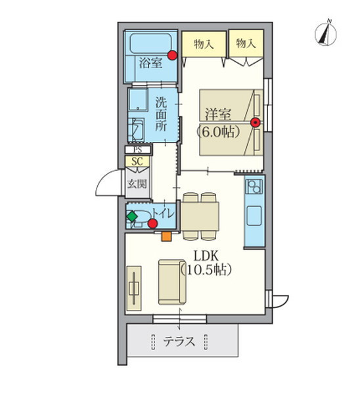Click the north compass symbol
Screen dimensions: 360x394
point(326,34)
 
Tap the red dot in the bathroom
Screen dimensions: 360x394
point(172,55)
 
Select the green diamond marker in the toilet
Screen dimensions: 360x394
point(132,216)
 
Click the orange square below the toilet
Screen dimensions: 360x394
point(166,236)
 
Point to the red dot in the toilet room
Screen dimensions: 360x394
point(152,223)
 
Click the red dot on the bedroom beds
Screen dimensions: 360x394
point(256,123)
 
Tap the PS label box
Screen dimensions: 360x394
point(138,150)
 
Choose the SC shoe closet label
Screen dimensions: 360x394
point(137,162)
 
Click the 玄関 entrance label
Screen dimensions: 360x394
point(137,184)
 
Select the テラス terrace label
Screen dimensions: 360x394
point(179,341)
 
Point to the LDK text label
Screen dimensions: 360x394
point(206,256)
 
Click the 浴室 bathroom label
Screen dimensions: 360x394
point(150,62)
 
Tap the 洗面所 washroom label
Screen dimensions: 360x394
point(161,114)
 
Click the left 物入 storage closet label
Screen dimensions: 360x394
point(204,45)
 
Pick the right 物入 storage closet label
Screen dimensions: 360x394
point(246,43)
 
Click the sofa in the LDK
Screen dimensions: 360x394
point(173,282)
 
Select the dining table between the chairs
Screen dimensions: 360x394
point(200,216)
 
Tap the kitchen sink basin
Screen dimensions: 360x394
point(254,215)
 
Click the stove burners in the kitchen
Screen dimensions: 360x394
point(254,186)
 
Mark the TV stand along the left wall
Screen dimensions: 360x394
point(134,288)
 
